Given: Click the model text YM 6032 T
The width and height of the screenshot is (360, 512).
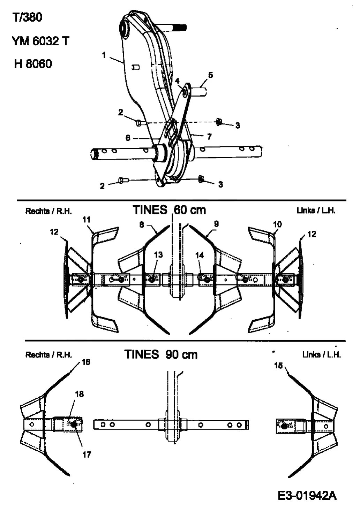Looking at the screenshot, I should tap(40, 41).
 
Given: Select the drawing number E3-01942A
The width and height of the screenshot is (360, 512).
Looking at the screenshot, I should tap(307, 495).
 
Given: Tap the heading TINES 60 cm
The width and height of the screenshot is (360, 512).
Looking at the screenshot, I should tap(169, 210).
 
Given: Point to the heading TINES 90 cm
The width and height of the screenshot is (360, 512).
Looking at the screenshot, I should tap(161, 354).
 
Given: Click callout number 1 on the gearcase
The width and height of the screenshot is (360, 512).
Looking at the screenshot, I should tap(104, 55).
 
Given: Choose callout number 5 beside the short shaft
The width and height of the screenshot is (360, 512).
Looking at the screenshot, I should tap(210, 75).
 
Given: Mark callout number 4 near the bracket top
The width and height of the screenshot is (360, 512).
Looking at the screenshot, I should tap(177, 81).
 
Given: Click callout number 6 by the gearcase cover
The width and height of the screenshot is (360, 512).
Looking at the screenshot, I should tap(128, 138).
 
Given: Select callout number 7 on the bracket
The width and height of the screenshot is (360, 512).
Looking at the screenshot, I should tap(209, 136).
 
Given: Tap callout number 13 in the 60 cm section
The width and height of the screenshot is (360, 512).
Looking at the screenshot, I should tap(158, 255).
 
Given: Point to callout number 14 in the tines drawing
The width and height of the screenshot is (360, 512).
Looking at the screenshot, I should tap(199, 255).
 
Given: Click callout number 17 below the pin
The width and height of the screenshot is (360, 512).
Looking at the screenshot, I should tap(87, 454).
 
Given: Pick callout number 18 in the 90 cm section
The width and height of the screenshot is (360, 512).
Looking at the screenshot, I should tap(79, 394).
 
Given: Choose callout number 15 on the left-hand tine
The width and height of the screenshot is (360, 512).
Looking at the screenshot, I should tap(278, 365).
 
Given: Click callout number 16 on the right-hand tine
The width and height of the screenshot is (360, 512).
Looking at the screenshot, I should tap(86, 362).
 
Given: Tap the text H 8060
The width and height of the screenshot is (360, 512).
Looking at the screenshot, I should tap(33, 64).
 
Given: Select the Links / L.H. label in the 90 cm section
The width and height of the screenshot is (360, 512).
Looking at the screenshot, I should tap(321, 354).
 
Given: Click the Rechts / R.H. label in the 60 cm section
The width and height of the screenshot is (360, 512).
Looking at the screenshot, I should tap(48, 211).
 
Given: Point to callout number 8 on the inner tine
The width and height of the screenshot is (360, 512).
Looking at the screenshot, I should tap(141, 225).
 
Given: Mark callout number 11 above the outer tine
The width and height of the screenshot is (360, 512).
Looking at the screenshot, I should tap(87, 219).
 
